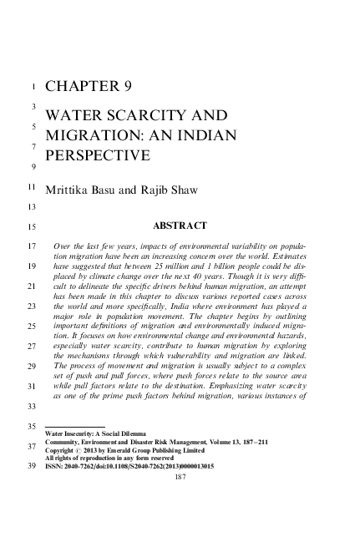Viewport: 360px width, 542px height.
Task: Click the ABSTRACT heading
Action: [182, 225]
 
